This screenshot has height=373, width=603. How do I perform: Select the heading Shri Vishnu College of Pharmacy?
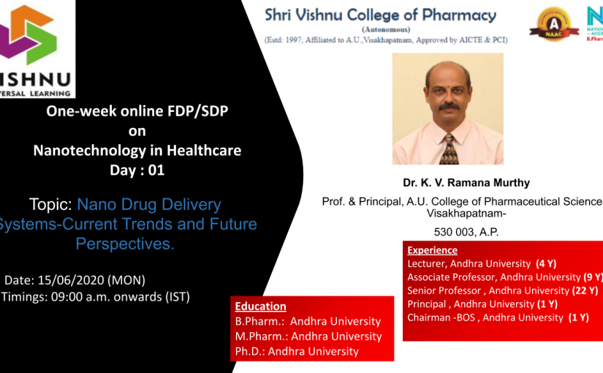pyautogui.click(x=380, y=15)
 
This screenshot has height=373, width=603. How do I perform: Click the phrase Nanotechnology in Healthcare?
pyautogui.click(x=137, y=151)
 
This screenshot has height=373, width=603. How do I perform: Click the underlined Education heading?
pyautogui.click(x=260, y=306)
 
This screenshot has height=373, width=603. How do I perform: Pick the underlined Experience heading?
pyautogui.click(x=432, y=250)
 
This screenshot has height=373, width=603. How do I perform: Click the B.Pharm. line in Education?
pyautogui.click(x=308, y=321)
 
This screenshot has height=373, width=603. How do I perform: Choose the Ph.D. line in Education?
pyautogui.click(x=297, y=351)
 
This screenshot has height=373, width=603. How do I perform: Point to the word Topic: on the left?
pyautogui.click(x=51, y=204)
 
